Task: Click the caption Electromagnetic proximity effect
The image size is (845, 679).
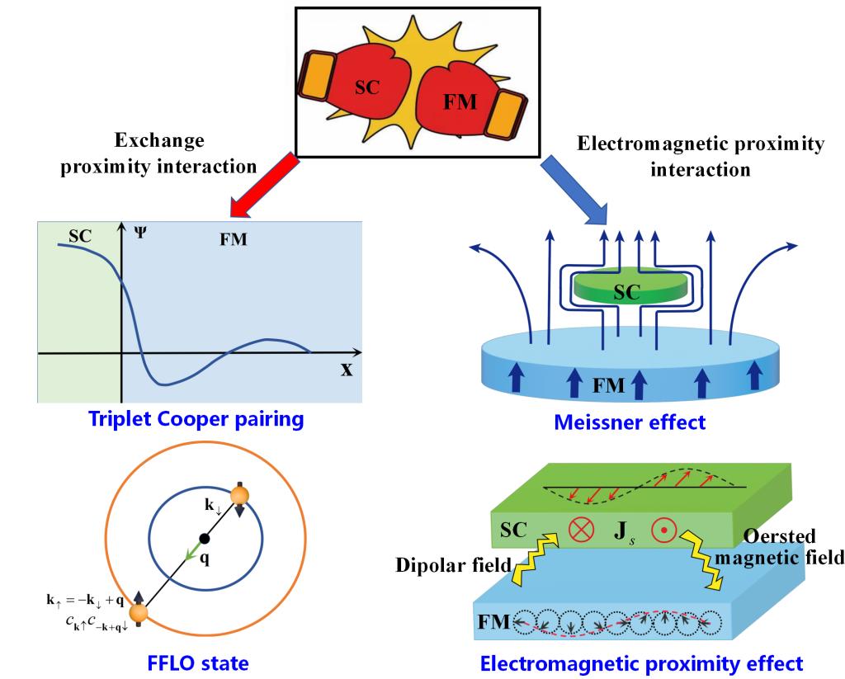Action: [641, 662]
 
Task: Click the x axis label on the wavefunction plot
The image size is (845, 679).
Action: [346, 369]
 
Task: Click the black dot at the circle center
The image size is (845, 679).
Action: [205, 538]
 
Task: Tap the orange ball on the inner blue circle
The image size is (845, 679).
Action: [239, 496]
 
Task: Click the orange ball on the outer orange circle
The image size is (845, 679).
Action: [138, 613]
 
